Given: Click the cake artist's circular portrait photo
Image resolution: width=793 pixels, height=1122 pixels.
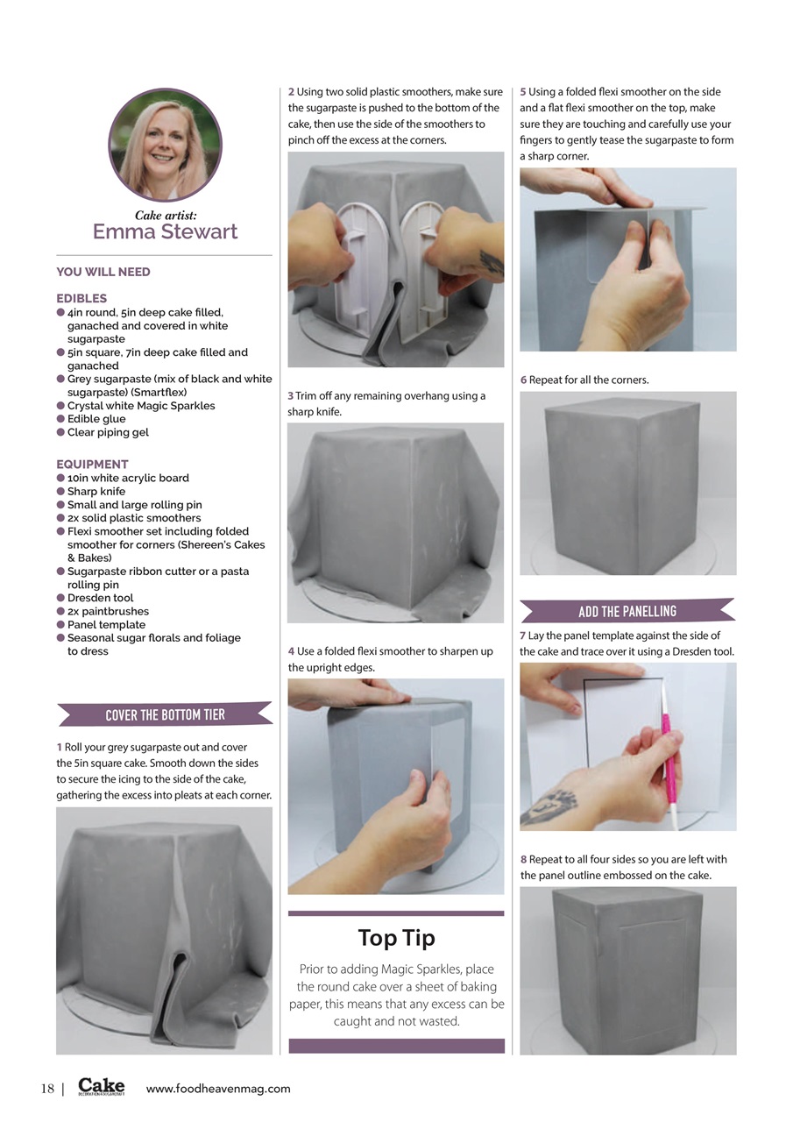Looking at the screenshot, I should pyautogui.click(x=165, y=145).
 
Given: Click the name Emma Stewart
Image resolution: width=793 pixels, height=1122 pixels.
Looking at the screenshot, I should pyautogui.click(x=165, y=232).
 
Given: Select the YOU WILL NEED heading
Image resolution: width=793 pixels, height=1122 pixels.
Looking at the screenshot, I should pyautogui.click(x=103, y=272).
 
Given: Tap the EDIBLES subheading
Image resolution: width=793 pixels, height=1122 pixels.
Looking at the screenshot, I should pyautogui.click(x=81, y=298).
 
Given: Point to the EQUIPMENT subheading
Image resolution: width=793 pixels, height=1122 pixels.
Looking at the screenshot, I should pyautogui.click(x=92, y=464).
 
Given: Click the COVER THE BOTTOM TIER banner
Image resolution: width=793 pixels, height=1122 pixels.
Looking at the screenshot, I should pyautogui.click(x=165, y=715).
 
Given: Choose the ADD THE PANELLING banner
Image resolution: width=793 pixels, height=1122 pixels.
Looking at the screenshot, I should pyautogui.click(x=627, y=611).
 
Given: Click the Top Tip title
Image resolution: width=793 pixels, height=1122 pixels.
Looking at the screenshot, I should pyautogui.click(x=396, y=938).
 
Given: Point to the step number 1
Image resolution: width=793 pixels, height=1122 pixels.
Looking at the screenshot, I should pyautogui.click(x=59, y=747).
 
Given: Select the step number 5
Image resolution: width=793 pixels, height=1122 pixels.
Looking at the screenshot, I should pyautogui.click(x=523, y=91).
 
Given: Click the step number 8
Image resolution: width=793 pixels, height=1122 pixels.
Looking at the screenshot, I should pyautogui.click(x=523, y=859).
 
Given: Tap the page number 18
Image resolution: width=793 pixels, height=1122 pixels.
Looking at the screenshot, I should pyautogui.click(x=47, y=1089).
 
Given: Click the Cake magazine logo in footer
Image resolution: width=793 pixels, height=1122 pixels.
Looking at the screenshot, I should pyautogui.click(x=102, y=1087).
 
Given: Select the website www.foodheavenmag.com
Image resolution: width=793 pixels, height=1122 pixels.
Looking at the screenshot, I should pyautogui.click(x=218, y=1089).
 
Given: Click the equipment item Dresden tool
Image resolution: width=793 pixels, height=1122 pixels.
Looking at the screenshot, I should pyautogui.click(x=101, y=598).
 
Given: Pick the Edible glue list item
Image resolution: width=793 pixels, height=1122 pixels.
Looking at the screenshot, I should pyautogui.click(x=96, y=419).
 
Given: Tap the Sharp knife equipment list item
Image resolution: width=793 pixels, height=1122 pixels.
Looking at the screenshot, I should pyautogui.click(x=96, y=492).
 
